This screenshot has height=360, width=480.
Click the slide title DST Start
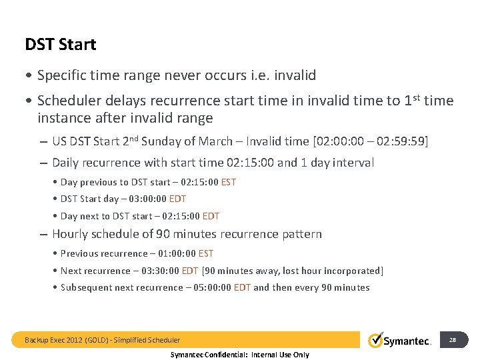(61, 45)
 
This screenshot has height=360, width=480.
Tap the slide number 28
(452, 340)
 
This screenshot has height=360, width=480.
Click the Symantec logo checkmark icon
(376, 340)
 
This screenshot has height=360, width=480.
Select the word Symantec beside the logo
(408, 341)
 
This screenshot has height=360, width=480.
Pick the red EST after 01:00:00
(206, 253)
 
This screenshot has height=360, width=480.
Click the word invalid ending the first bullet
(293, 76)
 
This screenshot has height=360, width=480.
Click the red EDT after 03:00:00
(178, 199)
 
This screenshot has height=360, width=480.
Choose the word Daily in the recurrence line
(66, 163)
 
